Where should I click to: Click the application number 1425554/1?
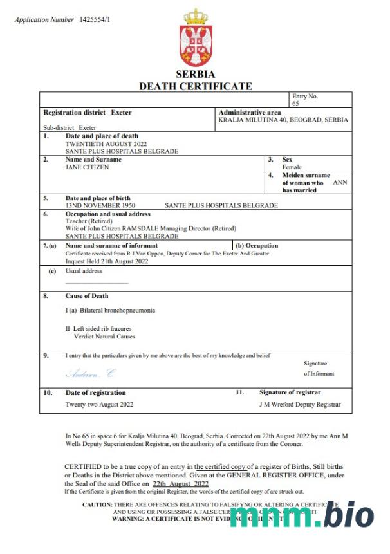pos(95,19)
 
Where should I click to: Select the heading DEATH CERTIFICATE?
pos(195,86)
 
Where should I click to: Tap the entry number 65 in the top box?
pos(295,103)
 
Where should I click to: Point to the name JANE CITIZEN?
pos(88,167)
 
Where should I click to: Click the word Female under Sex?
pos(292,167)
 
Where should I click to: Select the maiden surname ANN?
pos(340,183)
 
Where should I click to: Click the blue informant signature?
pos(91,373)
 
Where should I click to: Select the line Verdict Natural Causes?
pos(104,336)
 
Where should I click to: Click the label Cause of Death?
pos(87,296)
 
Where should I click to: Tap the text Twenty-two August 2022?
pos(99,405)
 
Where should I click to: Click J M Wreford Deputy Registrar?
pos(300,405)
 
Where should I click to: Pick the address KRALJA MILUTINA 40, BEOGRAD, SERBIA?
pos(283,120)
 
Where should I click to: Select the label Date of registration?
pos(96,392)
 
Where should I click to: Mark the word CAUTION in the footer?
pos(97,504)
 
